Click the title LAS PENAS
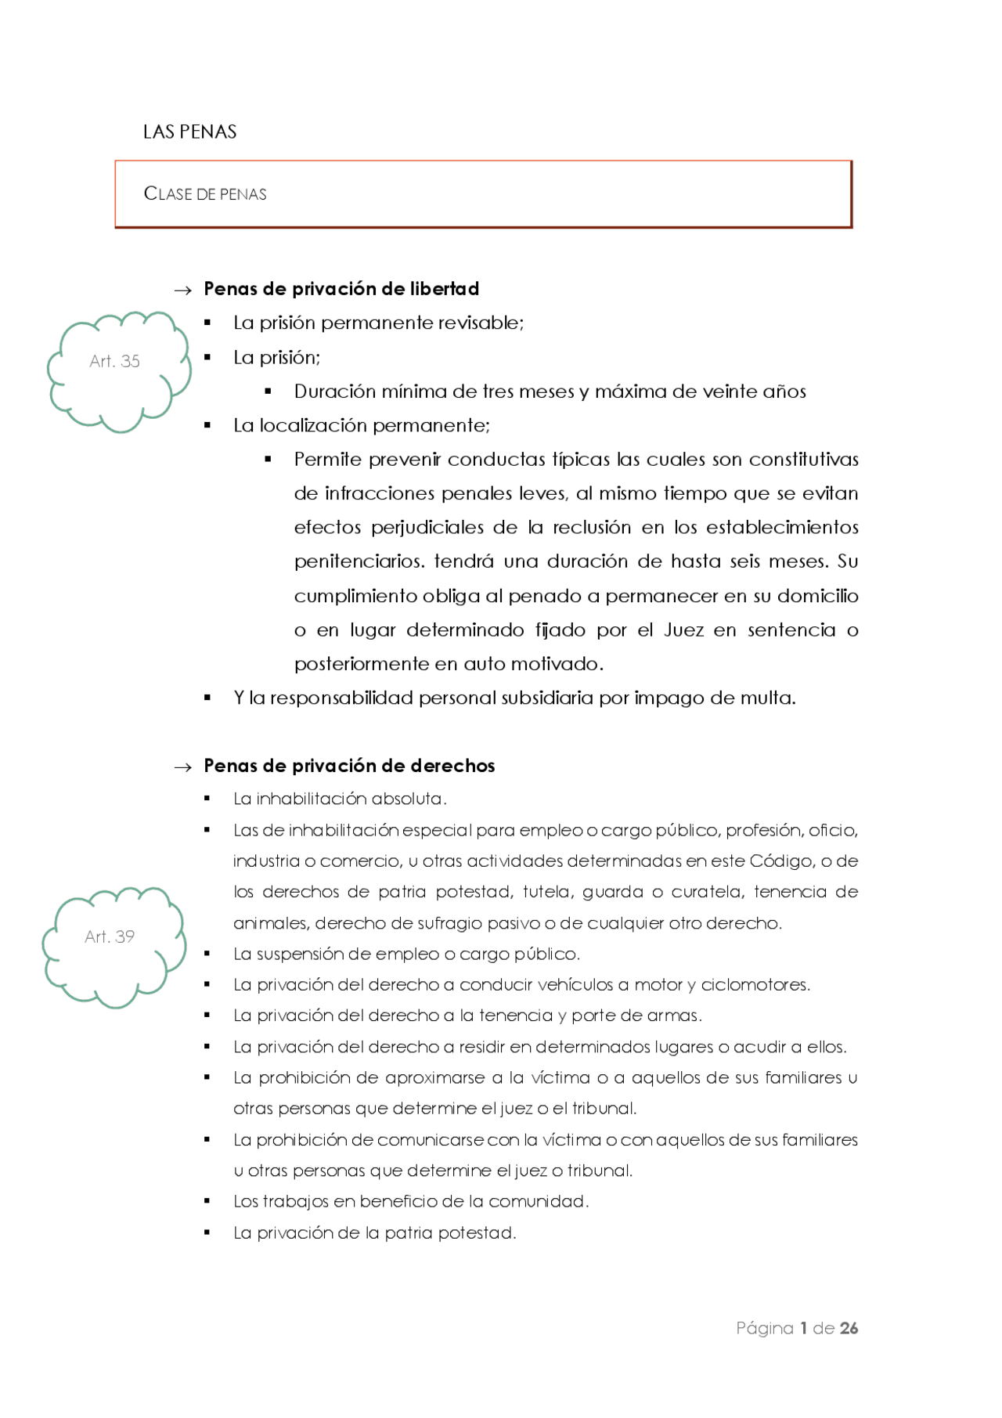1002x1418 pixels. (189, 132)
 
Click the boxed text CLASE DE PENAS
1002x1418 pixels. (205, 193)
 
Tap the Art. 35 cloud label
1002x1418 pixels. (114, 361)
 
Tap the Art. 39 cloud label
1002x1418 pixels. (110, 936)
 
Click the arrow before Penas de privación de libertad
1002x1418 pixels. (182, 290)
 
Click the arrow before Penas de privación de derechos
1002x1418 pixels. (182, 767)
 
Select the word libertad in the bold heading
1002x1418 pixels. (444, 289)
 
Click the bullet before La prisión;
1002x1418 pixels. (207, 357)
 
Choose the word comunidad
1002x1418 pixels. (547, 1202)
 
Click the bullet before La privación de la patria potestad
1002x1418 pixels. (207, 1232)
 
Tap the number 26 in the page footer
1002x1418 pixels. (849, 1328)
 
